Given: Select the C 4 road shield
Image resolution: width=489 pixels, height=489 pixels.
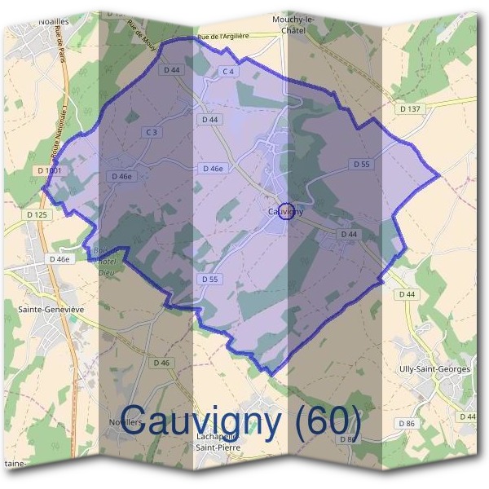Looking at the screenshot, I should coord(229,72).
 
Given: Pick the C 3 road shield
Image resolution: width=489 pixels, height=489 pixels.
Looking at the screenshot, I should coord(151,132).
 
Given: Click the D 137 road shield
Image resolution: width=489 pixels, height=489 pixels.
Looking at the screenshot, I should coord(411,108).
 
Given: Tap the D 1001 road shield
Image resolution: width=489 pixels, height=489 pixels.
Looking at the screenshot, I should coord(50,170).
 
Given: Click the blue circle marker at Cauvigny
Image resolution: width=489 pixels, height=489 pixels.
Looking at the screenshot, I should coord(286,211).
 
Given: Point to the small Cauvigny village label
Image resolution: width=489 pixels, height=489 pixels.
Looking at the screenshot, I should coord(284,211).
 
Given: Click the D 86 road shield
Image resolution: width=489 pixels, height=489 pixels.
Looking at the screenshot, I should coord(407,423).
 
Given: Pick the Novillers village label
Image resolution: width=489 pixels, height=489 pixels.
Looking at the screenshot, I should coord(126,422).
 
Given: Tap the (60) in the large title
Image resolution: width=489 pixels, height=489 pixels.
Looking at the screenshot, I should coord(329,420).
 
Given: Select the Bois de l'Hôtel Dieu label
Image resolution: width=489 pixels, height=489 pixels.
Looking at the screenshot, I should coord(104,262).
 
